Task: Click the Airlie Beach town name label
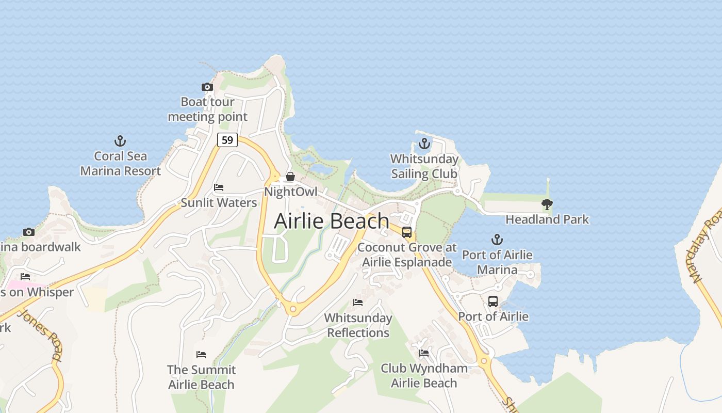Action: point(331,221)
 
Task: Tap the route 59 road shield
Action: point(227,139)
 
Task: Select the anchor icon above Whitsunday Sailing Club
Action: point(424,144)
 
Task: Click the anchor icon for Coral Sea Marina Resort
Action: point(120,140)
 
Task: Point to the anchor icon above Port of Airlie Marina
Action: point(497,240)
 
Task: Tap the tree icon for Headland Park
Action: point(547,204)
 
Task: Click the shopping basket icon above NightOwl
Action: point(290,177)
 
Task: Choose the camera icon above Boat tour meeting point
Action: point(207,87)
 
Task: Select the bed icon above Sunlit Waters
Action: point(219,187)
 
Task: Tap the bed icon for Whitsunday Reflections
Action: point(358,302)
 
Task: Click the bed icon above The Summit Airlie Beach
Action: point(201,355)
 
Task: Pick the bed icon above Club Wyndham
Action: point(424,353)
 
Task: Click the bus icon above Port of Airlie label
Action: point(493,301)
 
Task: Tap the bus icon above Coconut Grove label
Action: point(407,232)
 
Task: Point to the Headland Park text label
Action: point(547,219)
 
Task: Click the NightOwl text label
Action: point(290,192)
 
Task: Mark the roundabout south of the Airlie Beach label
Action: point(293,309)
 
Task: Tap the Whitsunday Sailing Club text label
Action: point(424,166)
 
